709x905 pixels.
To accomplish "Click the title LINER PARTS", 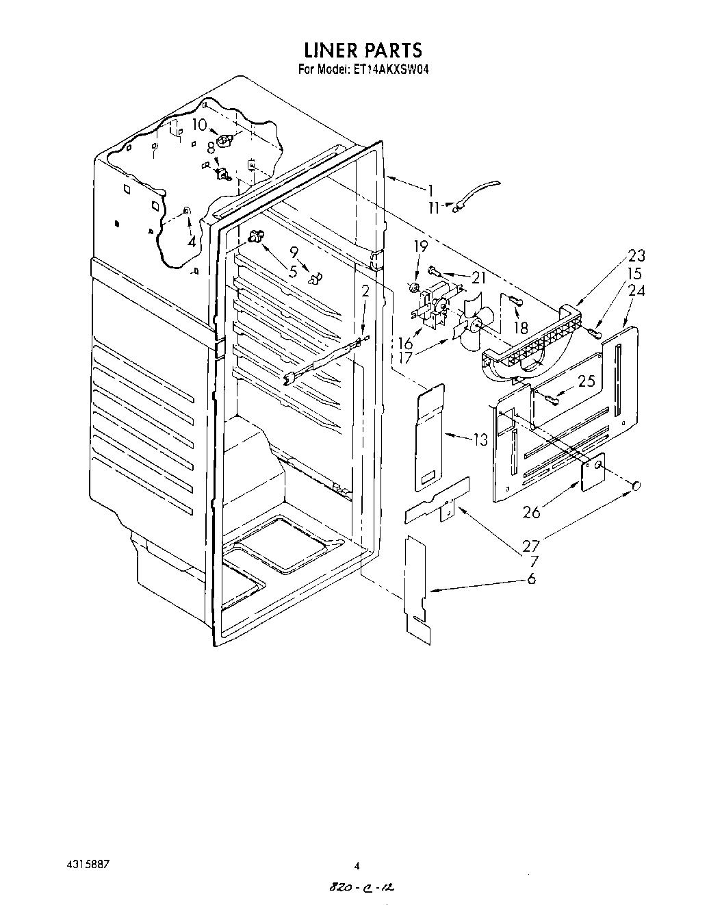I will pyautogui.click(x=363, y=50).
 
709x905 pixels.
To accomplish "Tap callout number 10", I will pyautogui.click(x=198, y=125).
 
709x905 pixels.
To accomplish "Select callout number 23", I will pyautogui.click(x=636, y=256).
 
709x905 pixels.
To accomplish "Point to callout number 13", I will pyautogui.click(x=481, y=439).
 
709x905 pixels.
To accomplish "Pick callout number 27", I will pyautogui.click(x=531, y=546).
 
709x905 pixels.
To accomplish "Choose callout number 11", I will pyautogui.click(x=434, y=207).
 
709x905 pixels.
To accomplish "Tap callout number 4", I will pyautogui.click(x=192, y=241).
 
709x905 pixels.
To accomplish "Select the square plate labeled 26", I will pyautogui.click(x=593, y=473).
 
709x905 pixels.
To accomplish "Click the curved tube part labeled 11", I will pyautogui.click(x=479, y=190).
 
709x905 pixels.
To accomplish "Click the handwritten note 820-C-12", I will pyautogui.click(x=362, y=887).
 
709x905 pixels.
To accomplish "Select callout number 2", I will pyautogui.click(x=365, y=291).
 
